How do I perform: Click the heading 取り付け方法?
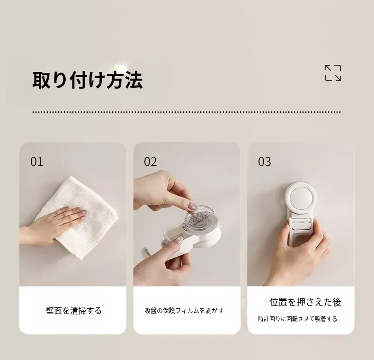[x=88, y=80]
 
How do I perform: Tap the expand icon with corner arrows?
[x=333, y=73]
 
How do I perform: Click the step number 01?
[x=37, y=162]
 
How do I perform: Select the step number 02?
[x=150, y=162]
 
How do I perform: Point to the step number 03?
[x=265, y=162]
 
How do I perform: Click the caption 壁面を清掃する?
[x=74, y=311]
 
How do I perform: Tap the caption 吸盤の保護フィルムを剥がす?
[x=184, y=311]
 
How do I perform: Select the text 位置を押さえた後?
[x=305, y=302]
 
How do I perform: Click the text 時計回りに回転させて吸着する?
[x=298, y=319]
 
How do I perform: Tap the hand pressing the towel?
[x=53, y=225]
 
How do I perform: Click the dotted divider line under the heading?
[x=187, y=112]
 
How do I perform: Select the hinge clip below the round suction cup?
[x=301, y=221]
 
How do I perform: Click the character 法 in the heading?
[x=134, y=80]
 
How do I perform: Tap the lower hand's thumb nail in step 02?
[x=178, y=240]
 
